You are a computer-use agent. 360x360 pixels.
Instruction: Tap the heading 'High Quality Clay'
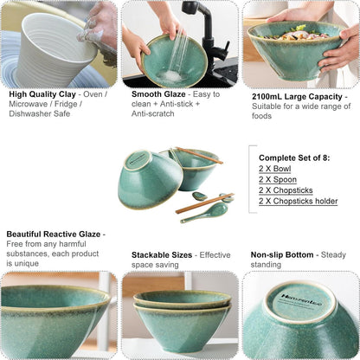point(42,94)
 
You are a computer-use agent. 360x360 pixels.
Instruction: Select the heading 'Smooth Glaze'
point(158,94)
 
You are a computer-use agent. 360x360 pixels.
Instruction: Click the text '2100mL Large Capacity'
point(297,97)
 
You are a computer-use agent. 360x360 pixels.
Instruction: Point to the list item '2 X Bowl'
point(274,169)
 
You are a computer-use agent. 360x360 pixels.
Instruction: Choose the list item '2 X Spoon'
point(278,179)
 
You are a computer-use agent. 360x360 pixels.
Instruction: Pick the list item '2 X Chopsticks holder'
point(298,201)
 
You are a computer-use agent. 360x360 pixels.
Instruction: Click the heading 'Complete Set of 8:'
point(294,157)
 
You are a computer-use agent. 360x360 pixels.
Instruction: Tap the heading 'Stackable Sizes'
point(162,255)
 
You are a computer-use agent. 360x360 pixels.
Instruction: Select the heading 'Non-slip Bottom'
point(282,255)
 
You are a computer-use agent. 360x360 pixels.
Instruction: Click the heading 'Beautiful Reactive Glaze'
point(54,235)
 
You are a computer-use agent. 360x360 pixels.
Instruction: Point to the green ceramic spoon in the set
point(204,213)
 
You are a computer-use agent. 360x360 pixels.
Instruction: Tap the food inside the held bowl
point(294,34)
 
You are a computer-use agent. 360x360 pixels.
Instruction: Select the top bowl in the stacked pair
point(183,300)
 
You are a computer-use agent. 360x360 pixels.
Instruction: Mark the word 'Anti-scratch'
point(153,113)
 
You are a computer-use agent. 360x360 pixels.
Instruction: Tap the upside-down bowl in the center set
point(150,179)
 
